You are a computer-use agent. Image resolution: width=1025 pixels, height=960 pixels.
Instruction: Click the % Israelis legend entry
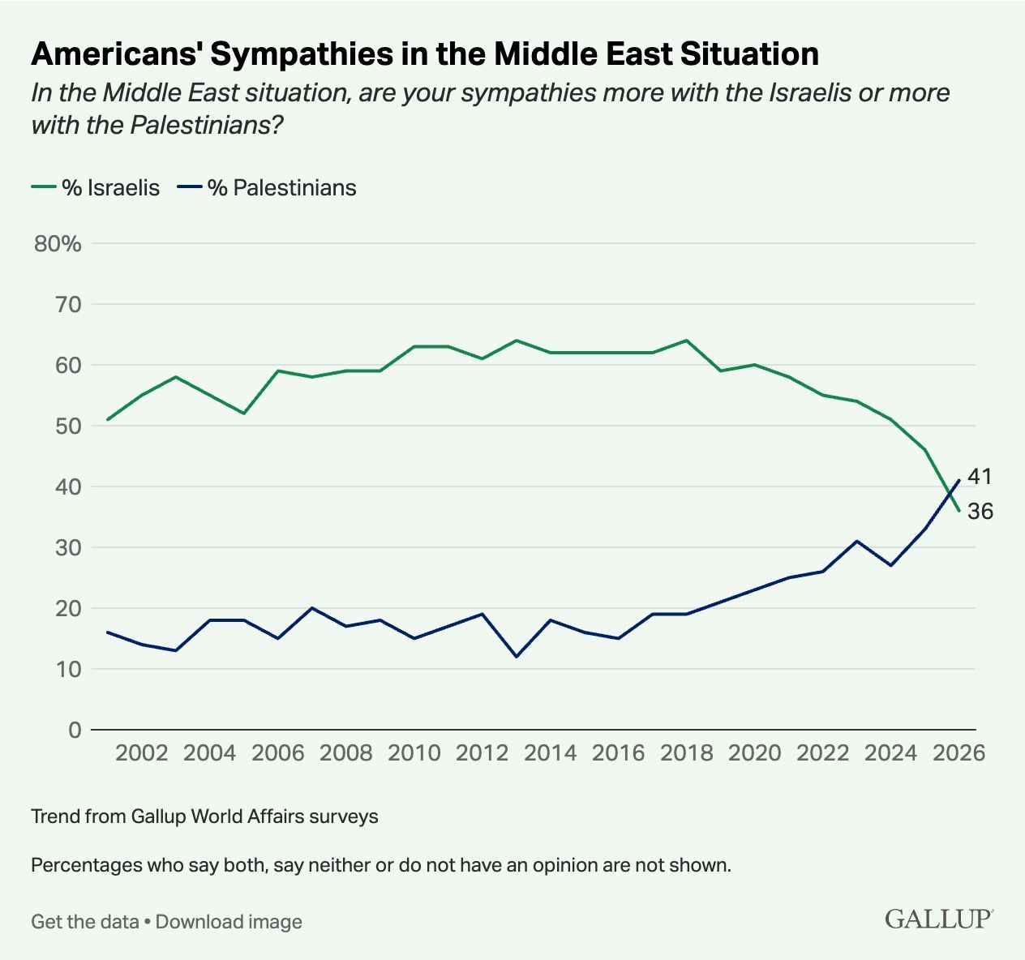pyautogui.click(x=96, y=188)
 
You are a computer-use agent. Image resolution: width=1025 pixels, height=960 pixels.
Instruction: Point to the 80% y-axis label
pyautogui.click(x=58, y=243)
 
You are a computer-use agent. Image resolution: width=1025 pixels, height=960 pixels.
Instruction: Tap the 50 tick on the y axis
pyautogui.click(x=69, y=426)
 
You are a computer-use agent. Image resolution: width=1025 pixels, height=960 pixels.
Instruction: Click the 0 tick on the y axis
pyautogui.click(x=75, y=730)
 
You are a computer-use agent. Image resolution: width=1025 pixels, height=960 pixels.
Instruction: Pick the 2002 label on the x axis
pyautogui.click(x=142, y=753)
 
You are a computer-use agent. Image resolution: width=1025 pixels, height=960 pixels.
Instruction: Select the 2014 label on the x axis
pyautogui.click(x=551, y=753)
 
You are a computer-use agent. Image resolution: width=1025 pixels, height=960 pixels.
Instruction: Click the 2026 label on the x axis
pyautogui.click(x=959, y=753)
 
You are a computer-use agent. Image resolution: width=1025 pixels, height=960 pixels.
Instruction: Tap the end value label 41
pyautogui.click(x=980, y=477)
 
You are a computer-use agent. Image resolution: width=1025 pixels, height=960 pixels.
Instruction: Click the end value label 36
pyautogui.click(x=980, y=512)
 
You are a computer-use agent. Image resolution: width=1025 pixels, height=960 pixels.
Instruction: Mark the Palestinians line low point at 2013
pyautogui.click(x=517, y=657)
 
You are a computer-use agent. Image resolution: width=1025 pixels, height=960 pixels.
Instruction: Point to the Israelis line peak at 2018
pyautogui.click(x=687, y=341)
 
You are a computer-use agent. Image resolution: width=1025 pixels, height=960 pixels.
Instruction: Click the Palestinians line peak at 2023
pyautogui.click(x=857, y=541)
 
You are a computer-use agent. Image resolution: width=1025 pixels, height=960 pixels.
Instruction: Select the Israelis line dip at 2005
pyautogui.click(x=244, y=414)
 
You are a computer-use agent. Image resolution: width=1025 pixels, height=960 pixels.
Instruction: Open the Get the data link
pyautogui.click(x=84, y=922)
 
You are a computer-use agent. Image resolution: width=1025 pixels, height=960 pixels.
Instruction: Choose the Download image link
pyautogui.click(x=229, y=922)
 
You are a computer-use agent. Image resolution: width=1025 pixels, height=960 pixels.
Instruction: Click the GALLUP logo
pyautogui.click(x=938, y=919)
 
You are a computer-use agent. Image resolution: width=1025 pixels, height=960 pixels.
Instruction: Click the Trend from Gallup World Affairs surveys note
pyautogui.click(x=204, y=816)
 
